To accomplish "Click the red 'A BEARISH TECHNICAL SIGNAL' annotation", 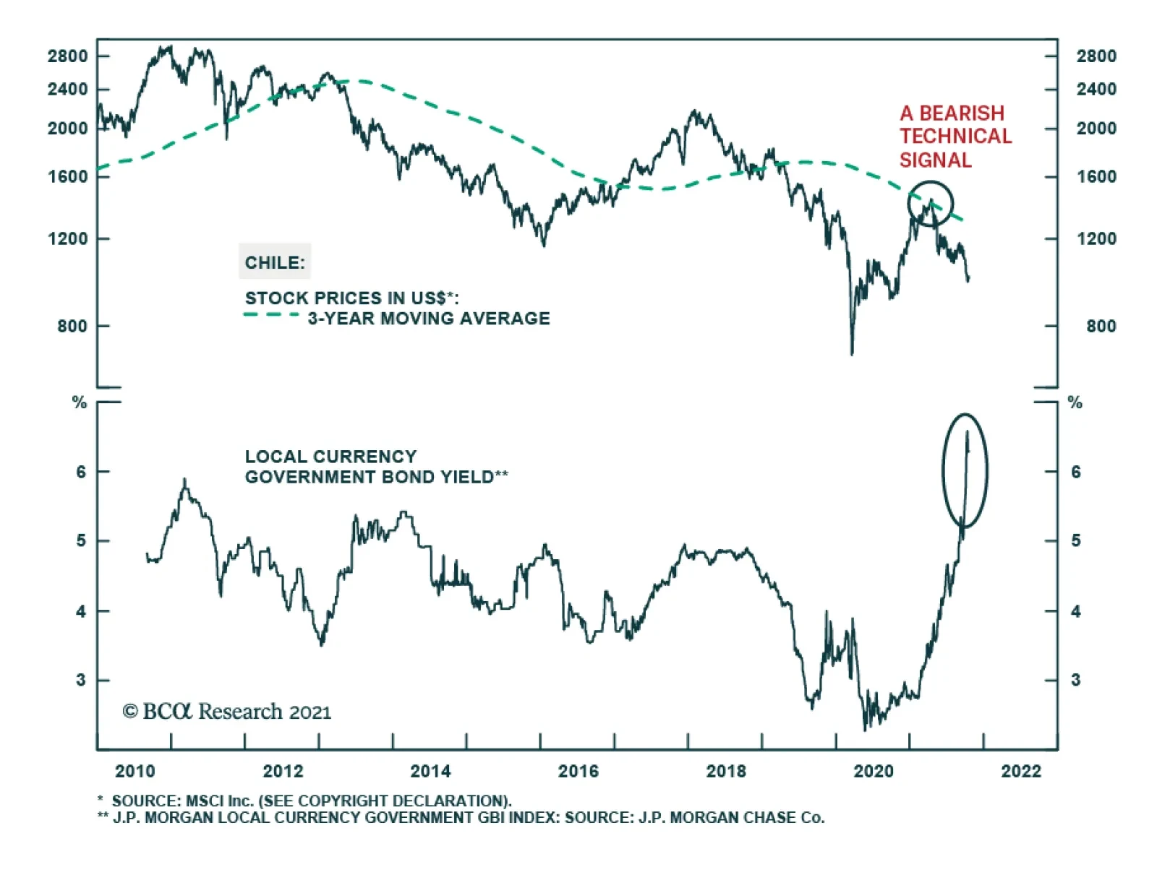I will click(955, 137).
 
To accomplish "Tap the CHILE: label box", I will click(275, 262).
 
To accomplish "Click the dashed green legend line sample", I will click(271, 315).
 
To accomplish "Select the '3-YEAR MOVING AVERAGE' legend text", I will click(429, 319).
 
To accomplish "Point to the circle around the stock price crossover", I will click(930, 204).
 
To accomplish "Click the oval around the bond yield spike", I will click(965, 470).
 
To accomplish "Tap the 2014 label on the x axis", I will click(430, 772).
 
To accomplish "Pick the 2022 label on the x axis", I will click(1021, 772).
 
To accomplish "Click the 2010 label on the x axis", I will click(135, 772).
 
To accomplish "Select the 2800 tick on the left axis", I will click(67, 56).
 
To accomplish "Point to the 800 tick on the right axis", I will click(1101, 327).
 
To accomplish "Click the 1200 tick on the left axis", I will click(67, 239).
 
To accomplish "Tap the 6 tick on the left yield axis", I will click(81, 472).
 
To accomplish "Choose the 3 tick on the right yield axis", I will click(1075, 680).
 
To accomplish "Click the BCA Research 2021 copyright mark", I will click(227, 712).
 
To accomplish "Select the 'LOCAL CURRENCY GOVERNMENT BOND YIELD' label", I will click(376, 467).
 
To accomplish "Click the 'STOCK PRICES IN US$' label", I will click(351, 298).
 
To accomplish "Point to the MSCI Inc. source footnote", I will click(311, 801).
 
